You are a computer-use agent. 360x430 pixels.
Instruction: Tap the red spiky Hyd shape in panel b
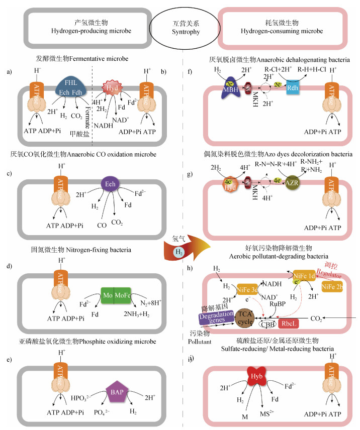[x=113, y=86]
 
